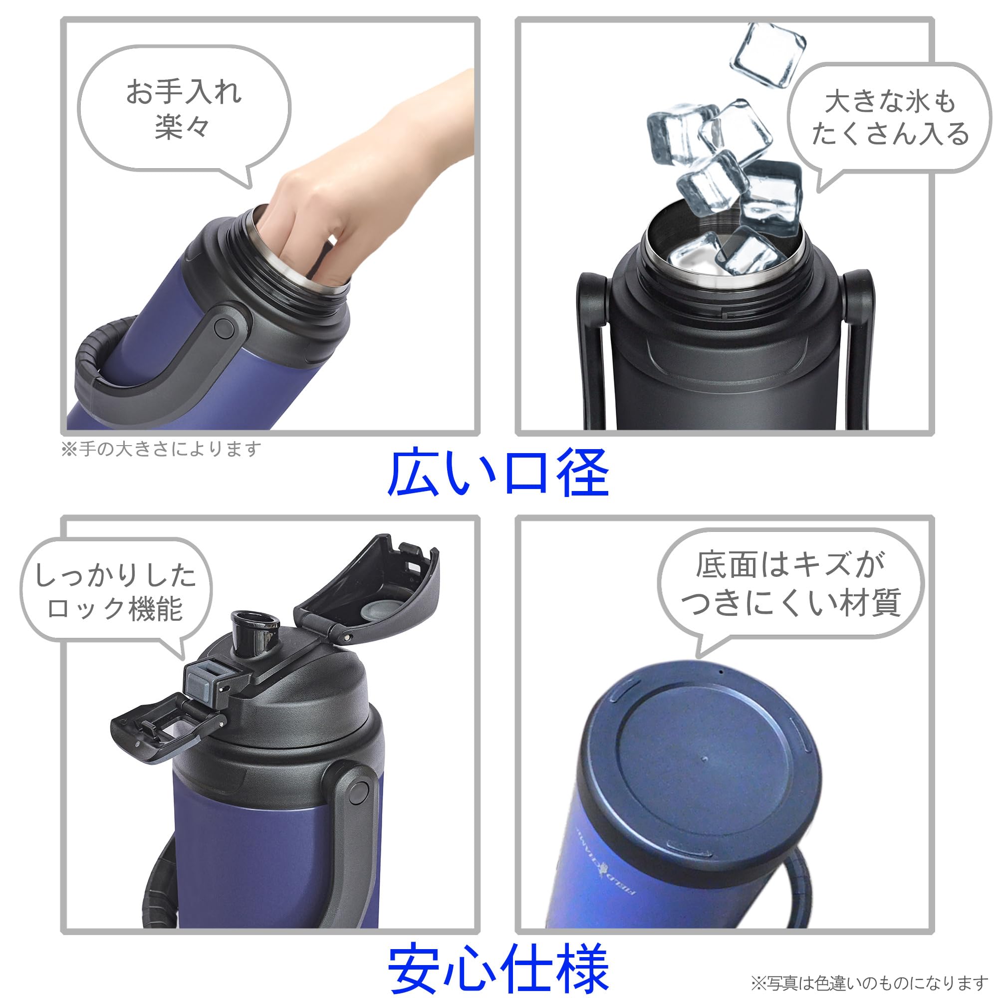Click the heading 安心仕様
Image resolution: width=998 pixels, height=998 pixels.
pyautogui.click(x=499, y=969)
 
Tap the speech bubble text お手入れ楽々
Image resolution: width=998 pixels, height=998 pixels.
pyautogui.click(x=183, y=108)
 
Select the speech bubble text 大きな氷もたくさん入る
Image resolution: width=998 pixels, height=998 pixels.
pyautogui.click(x=890, y=118)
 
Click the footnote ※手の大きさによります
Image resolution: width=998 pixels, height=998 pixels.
pyautogui.click(x=161, y=449)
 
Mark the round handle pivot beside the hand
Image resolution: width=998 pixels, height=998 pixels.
pyautogui.click(x=223, y=328)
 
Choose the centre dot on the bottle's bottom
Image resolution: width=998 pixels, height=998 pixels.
pyautogui.click(x=706, y=759)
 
